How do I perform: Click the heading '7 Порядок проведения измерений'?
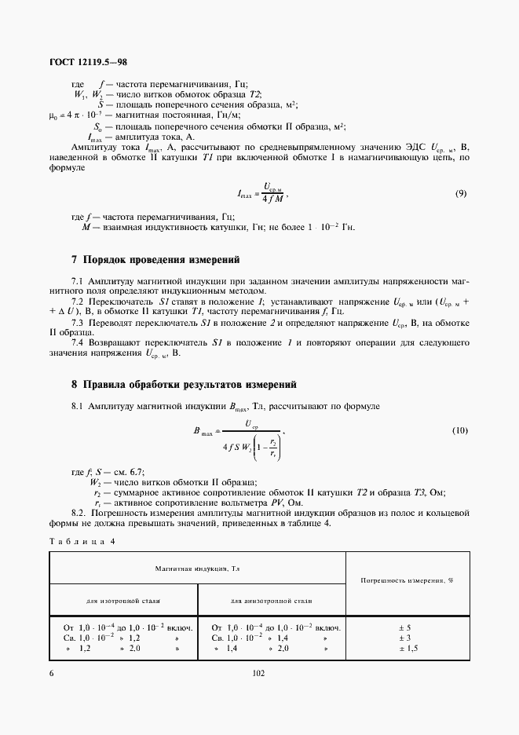click(155, 259)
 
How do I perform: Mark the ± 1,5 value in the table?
click(408, 650)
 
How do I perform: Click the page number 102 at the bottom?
click(259, 673)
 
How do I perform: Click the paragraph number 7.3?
click(77, 324)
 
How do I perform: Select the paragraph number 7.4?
click(77, 343)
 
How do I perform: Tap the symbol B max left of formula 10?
click(202, 431)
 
